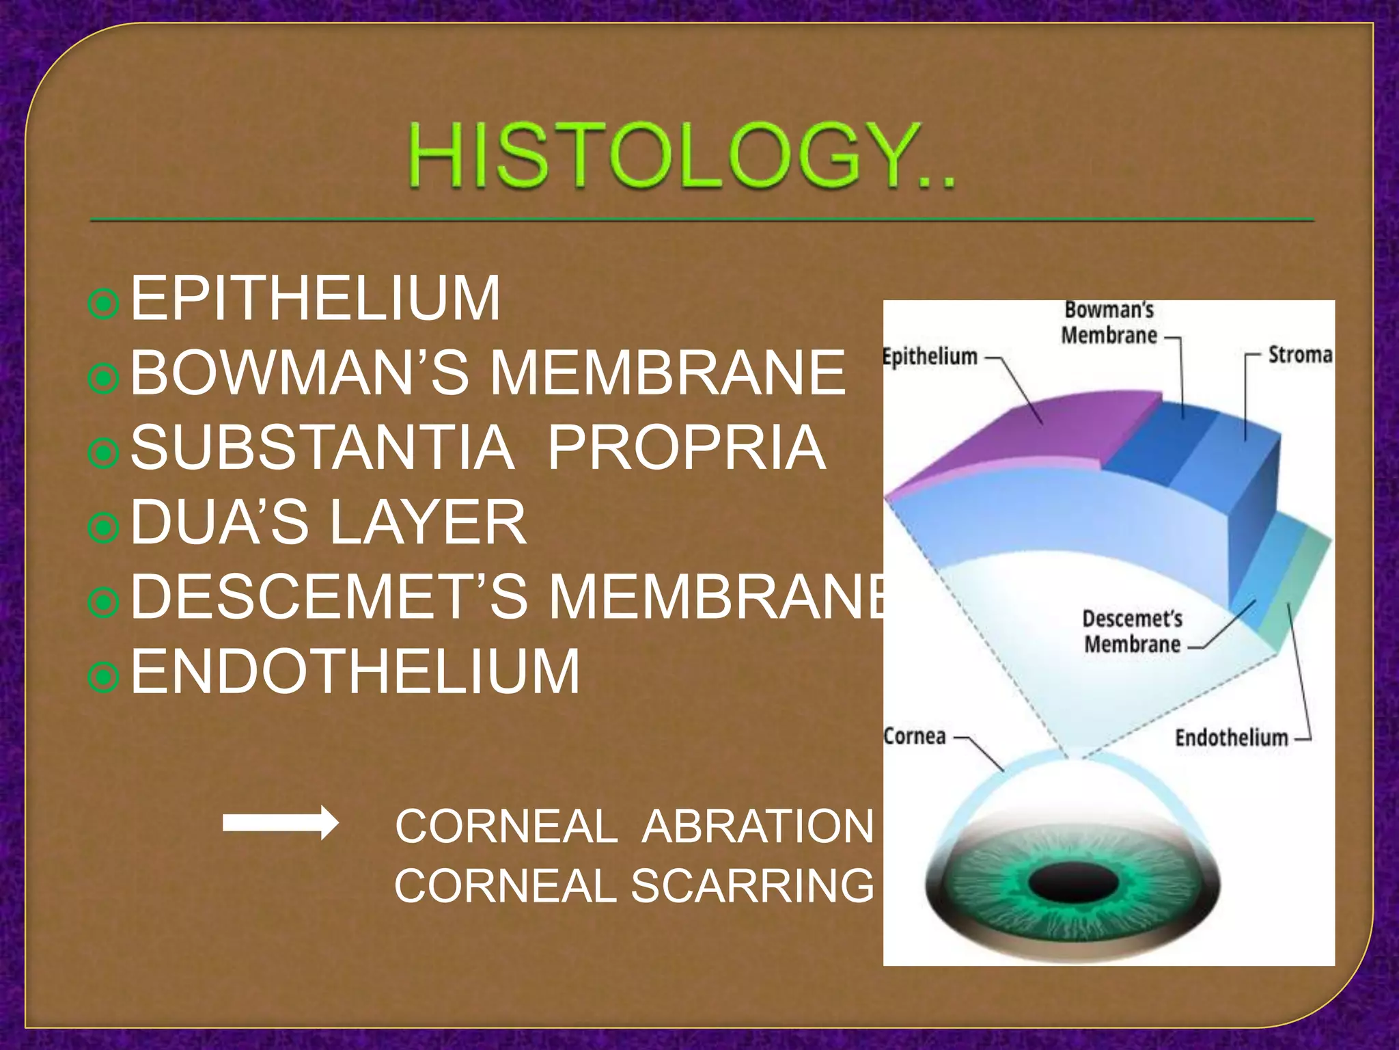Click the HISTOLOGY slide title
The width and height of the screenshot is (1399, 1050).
682,157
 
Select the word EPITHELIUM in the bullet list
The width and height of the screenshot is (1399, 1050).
316,299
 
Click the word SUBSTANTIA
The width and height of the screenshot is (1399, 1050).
322,448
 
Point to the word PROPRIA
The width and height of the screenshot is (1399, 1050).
687,448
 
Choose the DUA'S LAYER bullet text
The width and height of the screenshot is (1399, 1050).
329,523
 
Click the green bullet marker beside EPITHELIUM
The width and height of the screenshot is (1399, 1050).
104,305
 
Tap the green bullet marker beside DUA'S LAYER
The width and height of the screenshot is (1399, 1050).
104,528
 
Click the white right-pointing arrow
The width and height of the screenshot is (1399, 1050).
280,823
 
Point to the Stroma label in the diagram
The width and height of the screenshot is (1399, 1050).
1300,355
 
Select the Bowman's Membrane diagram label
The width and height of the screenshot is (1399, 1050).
1109,323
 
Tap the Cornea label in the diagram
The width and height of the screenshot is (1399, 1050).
915,737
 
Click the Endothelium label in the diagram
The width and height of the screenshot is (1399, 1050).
1231,738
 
